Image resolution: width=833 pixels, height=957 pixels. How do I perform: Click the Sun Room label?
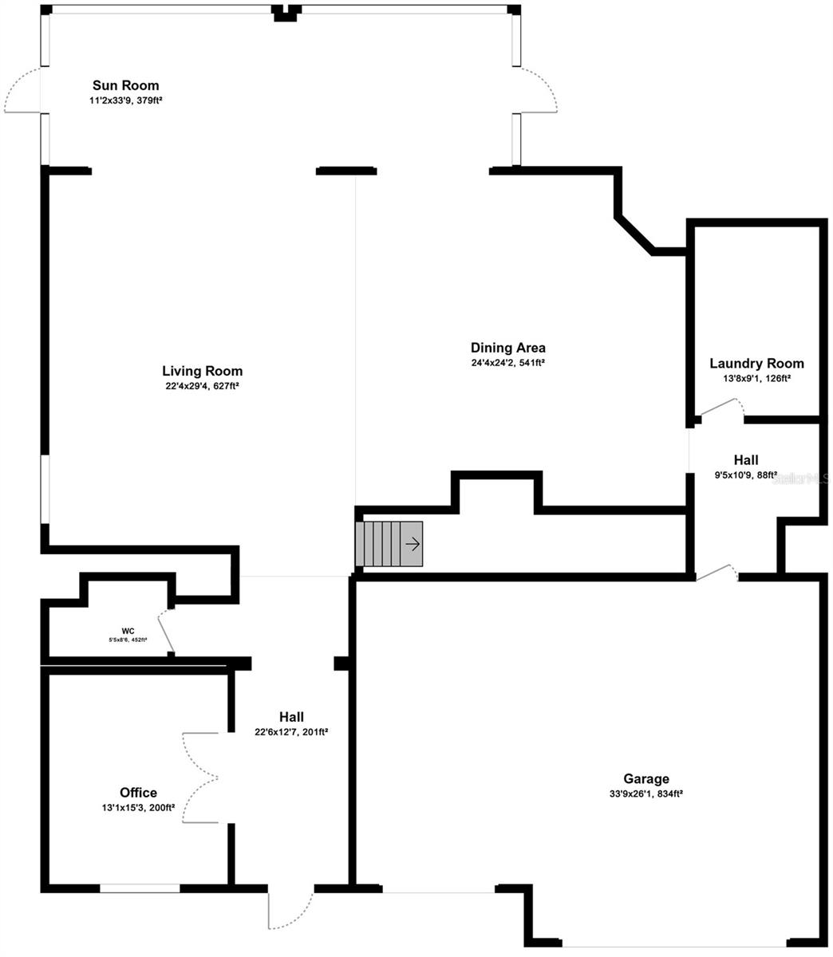[x=125, y=85]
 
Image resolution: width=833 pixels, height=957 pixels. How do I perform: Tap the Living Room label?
[x=202, y=371]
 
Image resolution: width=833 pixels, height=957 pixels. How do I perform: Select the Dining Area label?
[x=507, y=348]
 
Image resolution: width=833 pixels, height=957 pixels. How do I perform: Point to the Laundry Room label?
[x=756, y=364]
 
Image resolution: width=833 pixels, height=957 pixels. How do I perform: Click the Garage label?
[x=646, y=779]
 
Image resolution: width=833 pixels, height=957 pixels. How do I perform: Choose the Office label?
[x=138, y=793]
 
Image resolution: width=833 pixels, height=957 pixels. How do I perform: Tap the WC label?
[x=128, y=631]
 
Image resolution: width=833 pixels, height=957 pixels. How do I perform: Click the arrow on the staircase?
[x=413, y=544]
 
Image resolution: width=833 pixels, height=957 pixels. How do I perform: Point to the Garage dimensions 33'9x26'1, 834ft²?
[x=646, y=794]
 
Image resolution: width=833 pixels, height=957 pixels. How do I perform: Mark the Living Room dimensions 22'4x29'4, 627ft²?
[x=203, y=386]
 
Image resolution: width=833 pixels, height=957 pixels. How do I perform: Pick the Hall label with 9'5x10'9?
[x=746, y=460]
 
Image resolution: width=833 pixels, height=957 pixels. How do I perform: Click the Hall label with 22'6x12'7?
[x=291, y=717]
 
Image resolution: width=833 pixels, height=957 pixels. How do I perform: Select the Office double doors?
[x=199, y=778]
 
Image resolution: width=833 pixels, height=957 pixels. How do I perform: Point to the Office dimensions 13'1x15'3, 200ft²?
[x=138, y=808]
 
